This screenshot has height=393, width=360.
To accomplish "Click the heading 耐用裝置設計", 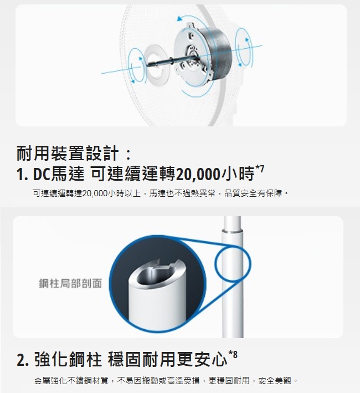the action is pyautogui.click(x=68, y=153).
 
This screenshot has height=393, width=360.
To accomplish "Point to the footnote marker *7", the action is pyautogui.click(x=260, y=169).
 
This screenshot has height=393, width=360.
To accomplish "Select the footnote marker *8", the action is pyautogui.click(x=233, y=355).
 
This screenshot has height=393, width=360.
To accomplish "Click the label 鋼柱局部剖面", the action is pyautogui.click(x=70, y=283).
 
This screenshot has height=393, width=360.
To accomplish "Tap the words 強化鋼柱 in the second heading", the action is pyautogui.click(x=68, y=359).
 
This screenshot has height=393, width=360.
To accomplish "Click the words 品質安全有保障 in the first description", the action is pyautogui.click(x=253, y=193).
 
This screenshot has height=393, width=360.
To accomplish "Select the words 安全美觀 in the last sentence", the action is pyautogui.click(x=275, y=381).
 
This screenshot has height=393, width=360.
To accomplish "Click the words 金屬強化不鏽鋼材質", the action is pyautogui.click(x=71, y=381).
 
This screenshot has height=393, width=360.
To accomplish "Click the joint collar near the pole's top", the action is pyautogui.click(x=232, y=230).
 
